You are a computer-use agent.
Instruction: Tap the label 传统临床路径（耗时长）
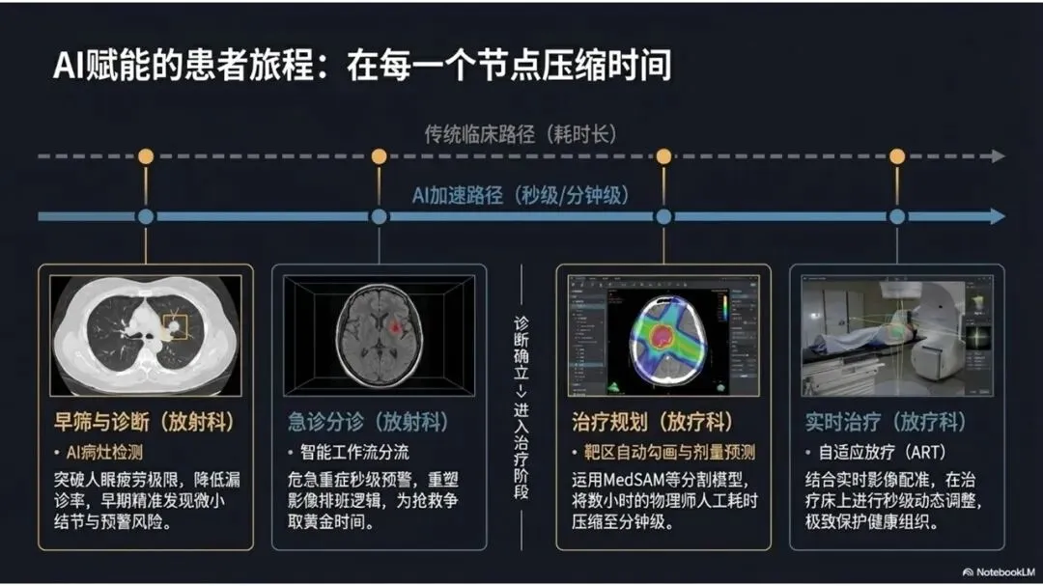[521, 133]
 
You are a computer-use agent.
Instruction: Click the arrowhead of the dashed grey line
[998, 156]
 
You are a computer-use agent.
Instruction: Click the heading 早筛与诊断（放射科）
[145, 422]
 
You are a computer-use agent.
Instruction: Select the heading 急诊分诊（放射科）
[368, 422]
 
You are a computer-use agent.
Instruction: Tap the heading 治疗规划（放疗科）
[654, 422]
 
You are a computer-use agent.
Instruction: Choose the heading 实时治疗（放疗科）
[886, 422]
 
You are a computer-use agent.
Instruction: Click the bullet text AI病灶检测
[103, 452]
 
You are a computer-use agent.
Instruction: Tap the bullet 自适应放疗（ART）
[874, 452]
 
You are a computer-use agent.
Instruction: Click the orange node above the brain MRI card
[379, 156]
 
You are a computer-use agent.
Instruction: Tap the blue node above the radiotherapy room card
[897, 216]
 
